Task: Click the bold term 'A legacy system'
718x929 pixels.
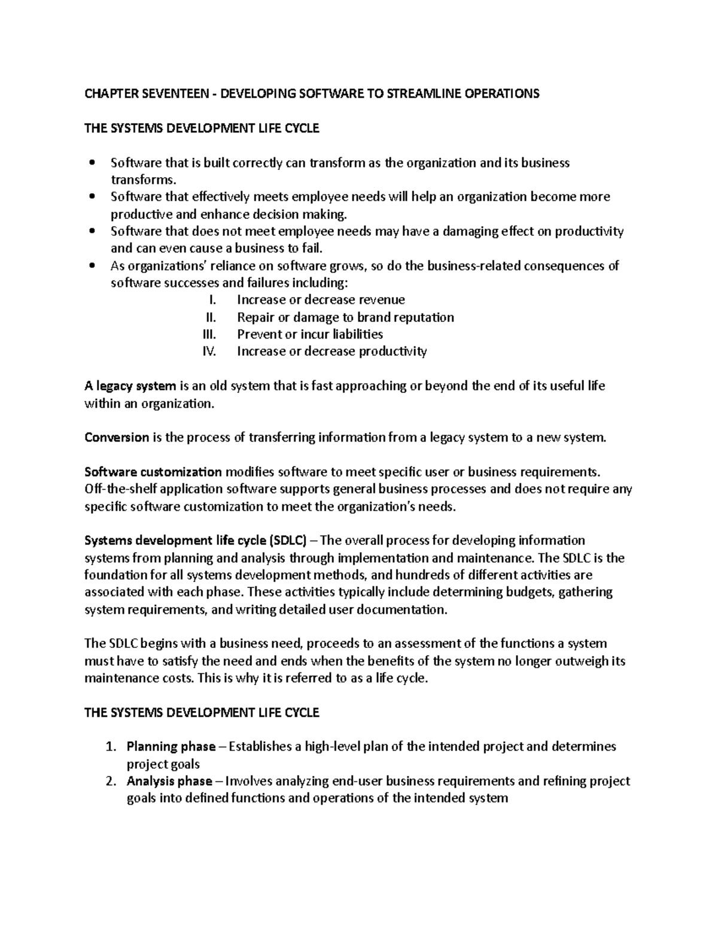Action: (x=130, y=386)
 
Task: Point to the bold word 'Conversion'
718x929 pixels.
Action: (x=117, y=437)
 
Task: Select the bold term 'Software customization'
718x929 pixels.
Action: (x=153, y=472)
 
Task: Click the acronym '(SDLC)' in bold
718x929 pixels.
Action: (x=288, y=541)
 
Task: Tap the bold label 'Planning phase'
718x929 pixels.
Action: (x=171, y=747)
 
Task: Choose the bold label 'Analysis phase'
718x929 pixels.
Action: (x=169, y=781)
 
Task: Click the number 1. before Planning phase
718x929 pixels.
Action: (x=109, y=747)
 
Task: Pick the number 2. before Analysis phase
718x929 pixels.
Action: (x=109, y=781)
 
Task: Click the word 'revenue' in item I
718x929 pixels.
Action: (x=381, y=300)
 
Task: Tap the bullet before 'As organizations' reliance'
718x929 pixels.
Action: (x=92, y=266)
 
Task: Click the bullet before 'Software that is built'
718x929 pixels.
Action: (x=92, y=163)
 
